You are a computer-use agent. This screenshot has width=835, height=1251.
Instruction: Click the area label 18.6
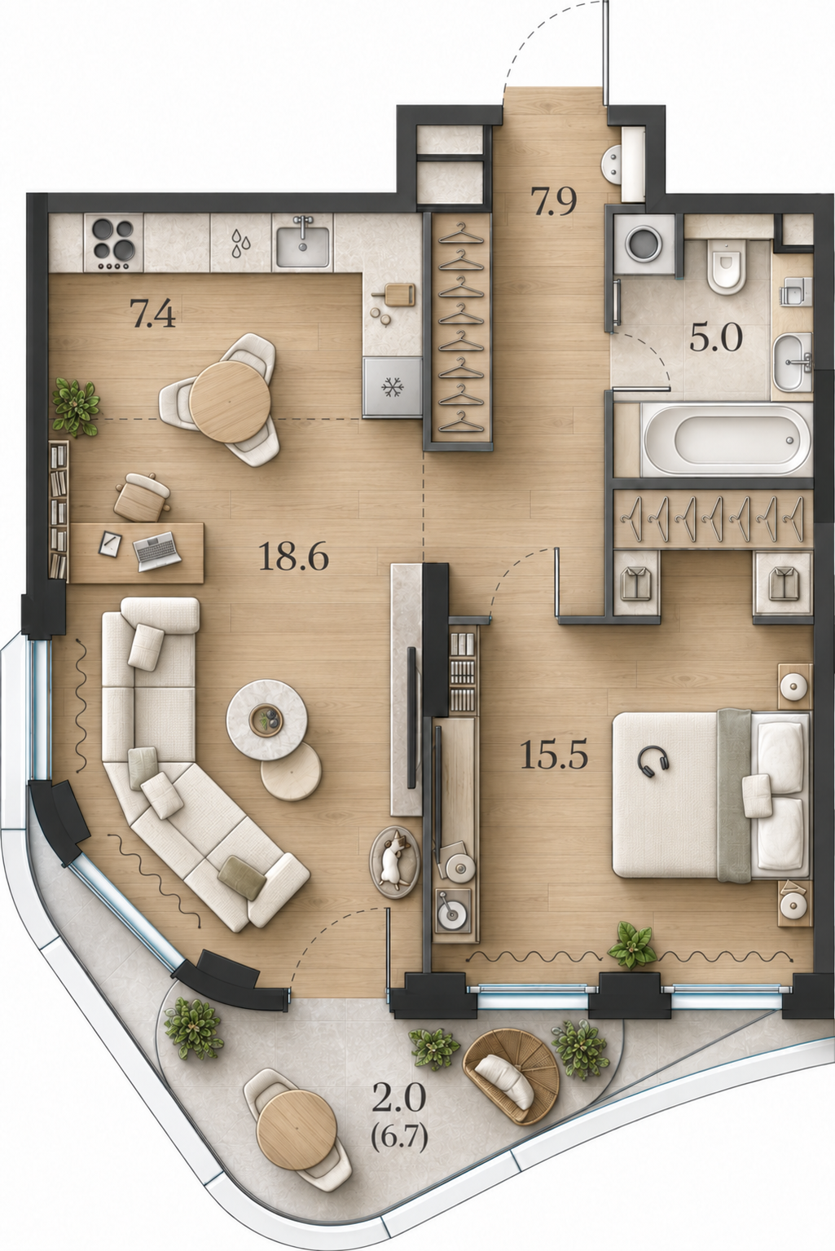click(293, 557)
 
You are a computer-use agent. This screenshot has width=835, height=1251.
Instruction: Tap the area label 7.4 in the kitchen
click(152, 313)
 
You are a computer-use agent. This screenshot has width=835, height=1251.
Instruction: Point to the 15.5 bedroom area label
click(554, 755)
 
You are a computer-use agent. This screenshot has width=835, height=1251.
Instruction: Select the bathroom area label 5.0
click(715, 337)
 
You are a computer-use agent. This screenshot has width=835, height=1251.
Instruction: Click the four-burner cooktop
click(113, 243)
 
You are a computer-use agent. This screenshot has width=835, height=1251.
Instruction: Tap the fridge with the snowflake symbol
click(392, 387)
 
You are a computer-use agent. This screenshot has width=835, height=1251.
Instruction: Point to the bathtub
click(727, 440)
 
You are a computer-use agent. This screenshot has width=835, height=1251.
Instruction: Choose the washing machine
click(644, 244)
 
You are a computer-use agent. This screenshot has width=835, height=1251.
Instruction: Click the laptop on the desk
click(157, 551)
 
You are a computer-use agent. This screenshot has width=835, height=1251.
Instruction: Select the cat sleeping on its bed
click(394, 862)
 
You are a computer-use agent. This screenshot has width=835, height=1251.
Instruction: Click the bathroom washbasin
click(793, 362)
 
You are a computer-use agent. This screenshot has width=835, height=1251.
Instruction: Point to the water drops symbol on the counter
click(242, 244)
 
